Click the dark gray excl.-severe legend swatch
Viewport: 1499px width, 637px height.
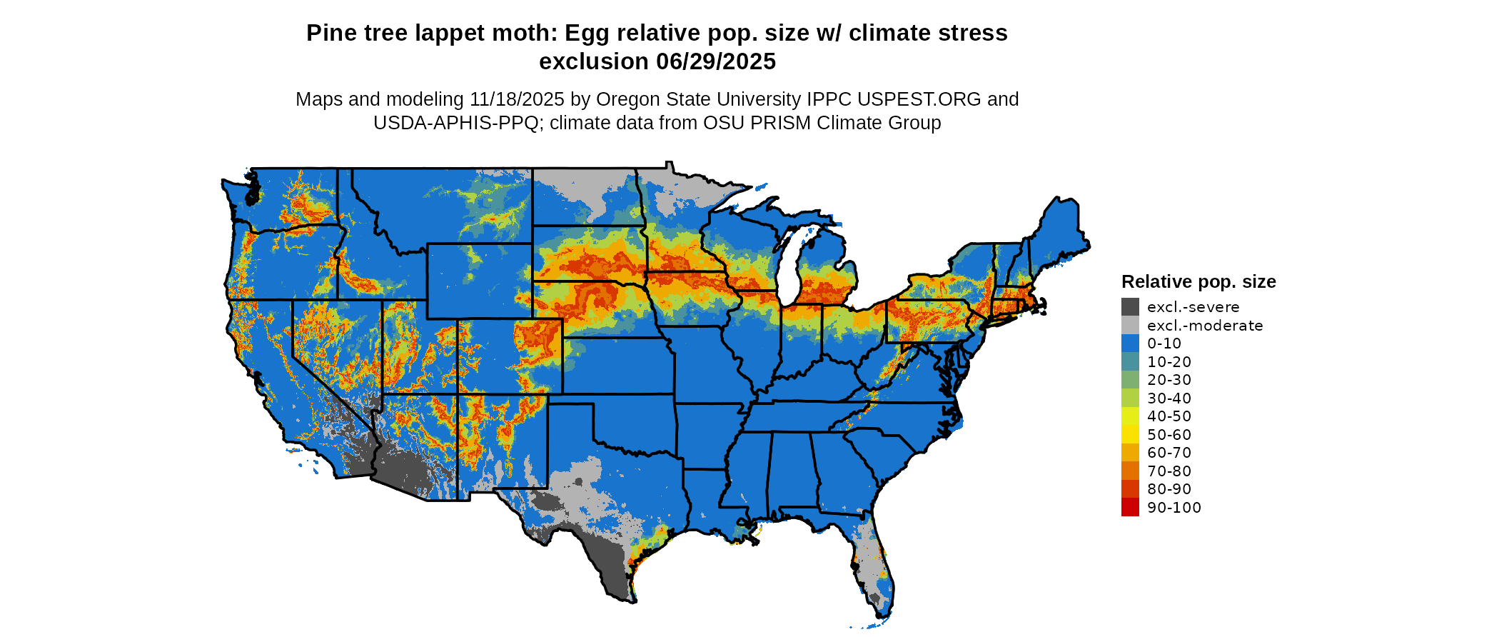coord(1130,307)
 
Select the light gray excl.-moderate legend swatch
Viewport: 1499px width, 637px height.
coord(1130,325)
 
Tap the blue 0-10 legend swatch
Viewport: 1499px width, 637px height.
coord(1130,343)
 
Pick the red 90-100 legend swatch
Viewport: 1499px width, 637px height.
coord(1130,507)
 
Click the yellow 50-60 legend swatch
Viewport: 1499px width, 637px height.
coord(1130,434)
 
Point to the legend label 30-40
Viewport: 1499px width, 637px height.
coord(1169,398)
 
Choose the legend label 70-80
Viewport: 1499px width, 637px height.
coord(1169,471)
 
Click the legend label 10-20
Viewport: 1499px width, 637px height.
coord(1169,362)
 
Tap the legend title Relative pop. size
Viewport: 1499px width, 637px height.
coord(1198,281)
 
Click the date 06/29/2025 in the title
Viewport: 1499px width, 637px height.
coord(716,61)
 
